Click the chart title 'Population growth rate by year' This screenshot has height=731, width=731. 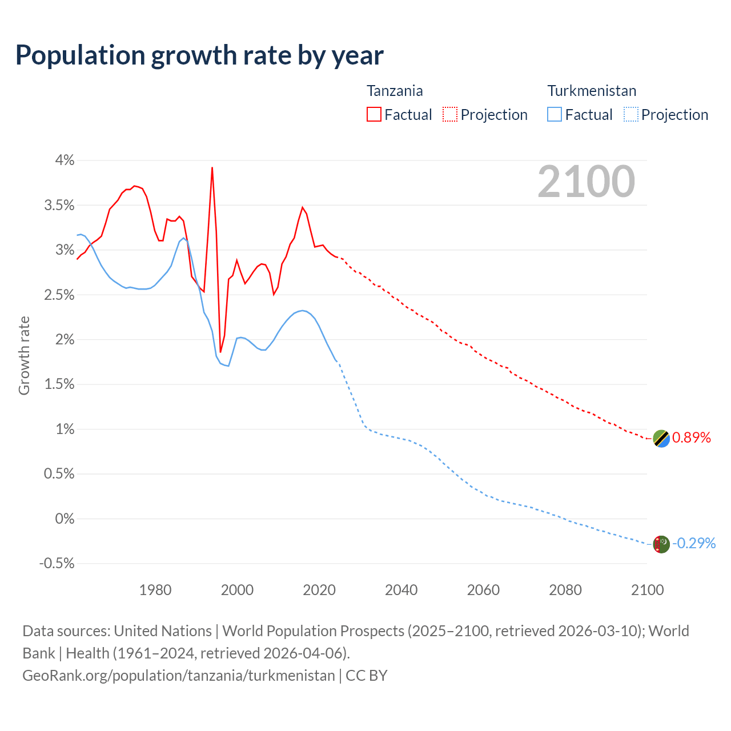(x=199, y=55)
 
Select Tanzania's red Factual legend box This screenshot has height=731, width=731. (x=373, y=114)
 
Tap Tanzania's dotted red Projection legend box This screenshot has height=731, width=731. (x=450, y=114)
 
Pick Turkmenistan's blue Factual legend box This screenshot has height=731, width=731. (x=554, y=114)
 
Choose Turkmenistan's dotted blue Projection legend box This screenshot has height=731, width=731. (x=630, y=114)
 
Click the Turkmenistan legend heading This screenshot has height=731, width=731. (x=592, y=91)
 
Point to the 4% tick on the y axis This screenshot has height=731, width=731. (x=65, y=160)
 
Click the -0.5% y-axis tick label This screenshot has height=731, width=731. (x=57, y=564)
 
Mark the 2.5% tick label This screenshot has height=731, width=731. (x=59, y=295)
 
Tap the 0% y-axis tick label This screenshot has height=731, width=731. (x=65, y=519)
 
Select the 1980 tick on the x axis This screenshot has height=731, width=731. (x=155, y=590)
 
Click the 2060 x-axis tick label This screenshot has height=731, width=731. (x=483, y=590)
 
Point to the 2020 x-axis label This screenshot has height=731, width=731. (x=319, y=590)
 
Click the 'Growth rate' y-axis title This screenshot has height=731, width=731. (x=24, y=355)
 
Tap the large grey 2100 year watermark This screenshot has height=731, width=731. (x=586, y=182)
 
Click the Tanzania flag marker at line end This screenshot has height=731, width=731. (x=661, y=439)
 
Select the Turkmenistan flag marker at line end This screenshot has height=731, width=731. (x=661, y=544)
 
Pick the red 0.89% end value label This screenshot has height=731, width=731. (x=692, y=438)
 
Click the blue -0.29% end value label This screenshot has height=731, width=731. (x=694, y=543)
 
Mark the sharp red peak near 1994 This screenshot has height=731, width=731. (x=212, y=168)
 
